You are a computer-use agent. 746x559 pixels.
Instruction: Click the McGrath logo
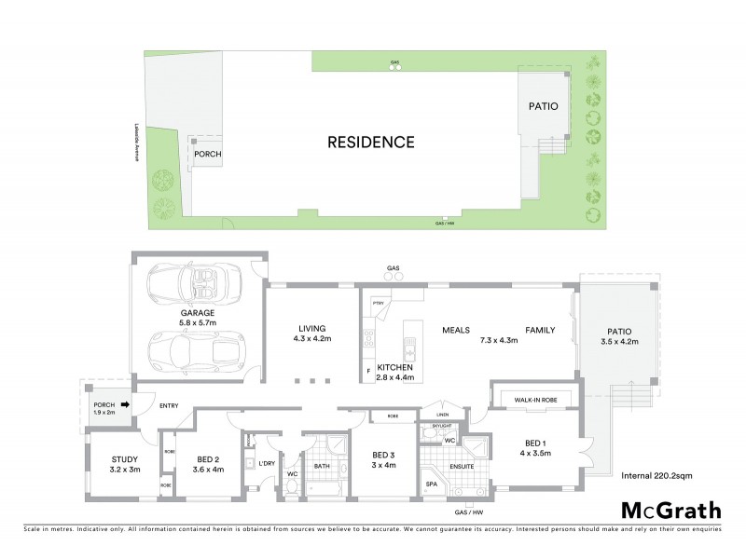670,510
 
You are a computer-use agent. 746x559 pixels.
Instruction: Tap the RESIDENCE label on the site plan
370,143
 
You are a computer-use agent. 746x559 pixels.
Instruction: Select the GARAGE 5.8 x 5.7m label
197,318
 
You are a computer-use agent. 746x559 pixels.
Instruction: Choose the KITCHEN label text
394,368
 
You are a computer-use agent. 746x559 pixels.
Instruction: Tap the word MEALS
456,331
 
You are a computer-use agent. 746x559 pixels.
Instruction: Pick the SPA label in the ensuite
432,485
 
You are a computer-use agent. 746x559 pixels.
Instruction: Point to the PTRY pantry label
378,303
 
